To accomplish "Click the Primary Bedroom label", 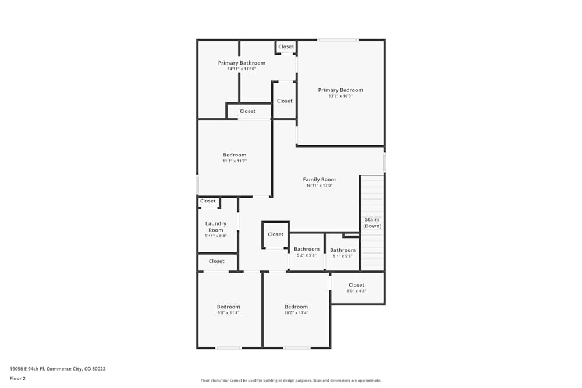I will click(340, 90).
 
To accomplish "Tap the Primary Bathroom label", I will click(242, 63).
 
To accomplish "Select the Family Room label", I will click(319, 180).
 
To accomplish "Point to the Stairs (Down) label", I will click(372, 223).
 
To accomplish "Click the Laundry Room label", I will click(216, 227).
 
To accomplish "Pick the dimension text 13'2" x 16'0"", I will click(340, 96).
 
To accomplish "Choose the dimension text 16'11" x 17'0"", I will click(319, 186).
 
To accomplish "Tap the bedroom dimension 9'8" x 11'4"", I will click(228, 313).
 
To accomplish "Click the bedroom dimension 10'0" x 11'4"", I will click(296, 313).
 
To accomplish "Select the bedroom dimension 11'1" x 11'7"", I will click(235, 161).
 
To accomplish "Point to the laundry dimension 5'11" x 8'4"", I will click(216, 236).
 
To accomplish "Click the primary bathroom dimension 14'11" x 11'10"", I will click(242, 69).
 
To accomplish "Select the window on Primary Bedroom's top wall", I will click(338, 40).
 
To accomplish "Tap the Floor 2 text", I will click(17, 378).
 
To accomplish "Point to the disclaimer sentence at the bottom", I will click(291, 380).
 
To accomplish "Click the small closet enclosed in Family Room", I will click(275, 234).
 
